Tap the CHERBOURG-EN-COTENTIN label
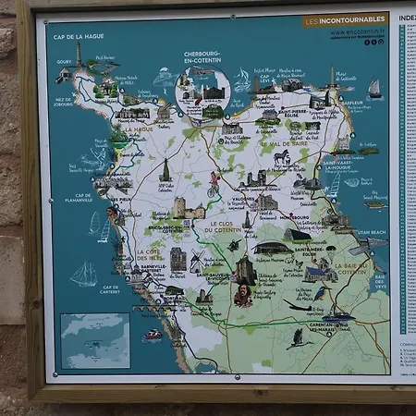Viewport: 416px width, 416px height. (202, 57)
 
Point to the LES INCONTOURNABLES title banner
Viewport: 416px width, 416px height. (345, 19)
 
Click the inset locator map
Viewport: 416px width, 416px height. (94, 339)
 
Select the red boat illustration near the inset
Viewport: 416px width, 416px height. (153, 334)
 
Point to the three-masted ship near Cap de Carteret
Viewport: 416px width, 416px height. (83, 274)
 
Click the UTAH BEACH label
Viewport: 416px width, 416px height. (372, 231)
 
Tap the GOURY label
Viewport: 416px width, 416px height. (64, 63)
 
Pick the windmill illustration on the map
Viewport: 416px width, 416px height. (197, 260)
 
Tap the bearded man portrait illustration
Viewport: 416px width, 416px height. (242, 297)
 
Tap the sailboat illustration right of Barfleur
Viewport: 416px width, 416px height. (374, 88)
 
